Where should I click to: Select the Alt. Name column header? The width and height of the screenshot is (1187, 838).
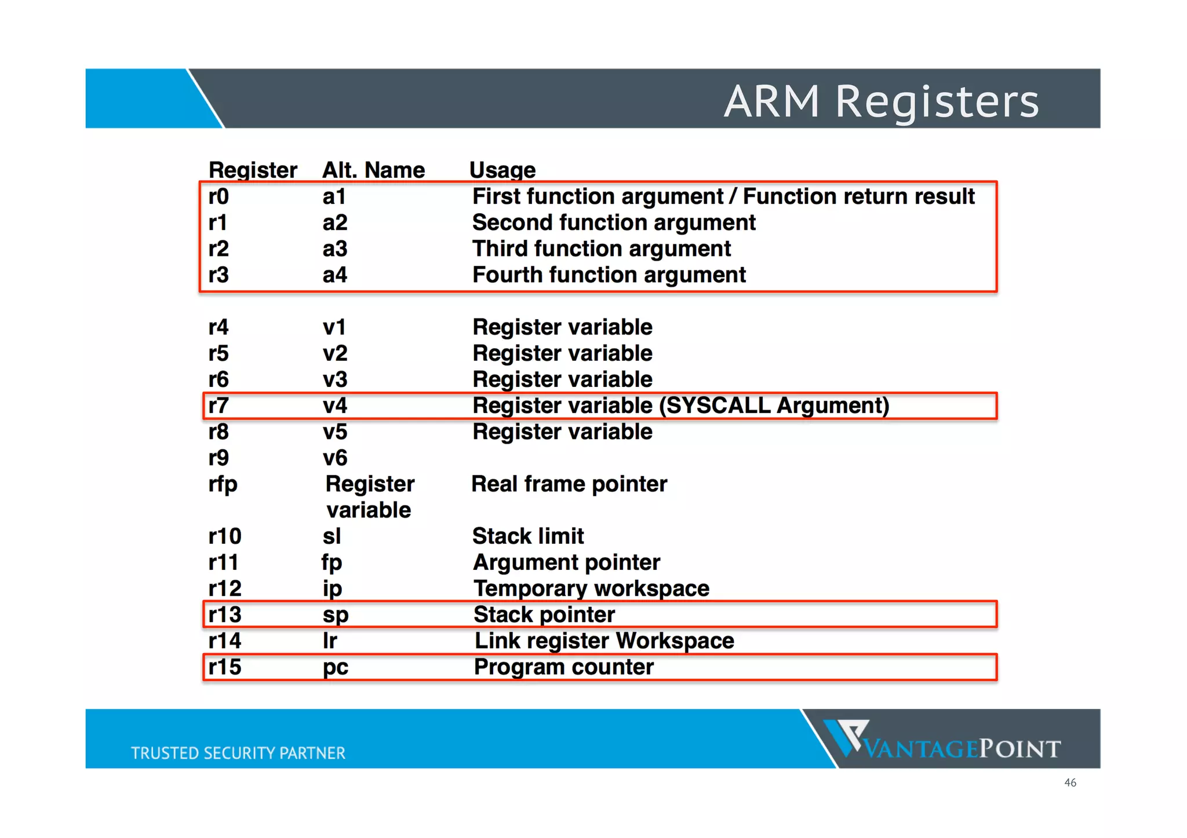[373, 170]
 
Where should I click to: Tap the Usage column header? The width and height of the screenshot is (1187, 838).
[502, 170]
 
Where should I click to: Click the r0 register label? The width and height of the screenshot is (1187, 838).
[219, 197]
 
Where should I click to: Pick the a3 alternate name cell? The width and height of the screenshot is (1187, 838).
[334, 249]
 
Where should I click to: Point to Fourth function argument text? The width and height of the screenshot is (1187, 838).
[609, 275]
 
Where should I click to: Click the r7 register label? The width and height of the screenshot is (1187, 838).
[219, 405]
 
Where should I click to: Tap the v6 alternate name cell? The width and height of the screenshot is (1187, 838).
[334, 458]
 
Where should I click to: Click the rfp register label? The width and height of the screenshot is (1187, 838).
[223, 484]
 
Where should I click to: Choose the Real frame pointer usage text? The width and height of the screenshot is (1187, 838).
[569, 484]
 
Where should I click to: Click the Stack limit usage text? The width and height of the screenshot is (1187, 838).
[527, 536]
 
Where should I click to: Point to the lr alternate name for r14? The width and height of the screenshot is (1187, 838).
[330, 641]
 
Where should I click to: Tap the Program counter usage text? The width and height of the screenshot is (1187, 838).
[563, 667]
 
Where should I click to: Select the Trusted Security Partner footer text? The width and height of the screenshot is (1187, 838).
[238, 753]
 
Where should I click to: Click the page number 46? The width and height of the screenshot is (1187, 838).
[1070, 783]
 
